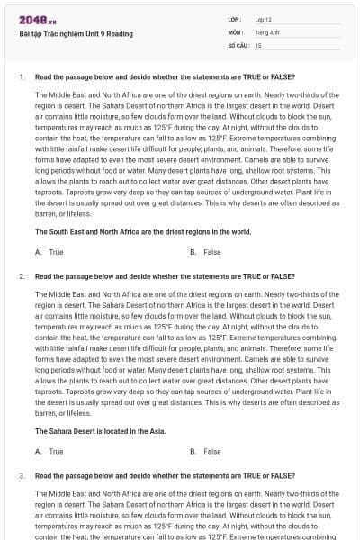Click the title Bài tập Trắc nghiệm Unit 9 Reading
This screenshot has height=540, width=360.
pyautogui.click(x=76, y=34)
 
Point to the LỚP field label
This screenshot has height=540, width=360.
pyautogui.click(x=235, y=18)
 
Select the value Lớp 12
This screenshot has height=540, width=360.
pyautogui.click(x=264, y=18)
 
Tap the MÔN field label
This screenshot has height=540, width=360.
pyautogui.click(x=236, y=31)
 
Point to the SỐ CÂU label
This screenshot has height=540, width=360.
pyautogui.click(x=238, y=44)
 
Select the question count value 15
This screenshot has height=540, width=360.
pyautogui.click(x=258, y=44)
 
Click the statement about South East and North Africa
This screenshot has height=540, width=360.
pyautogui.click(x=143, y=231)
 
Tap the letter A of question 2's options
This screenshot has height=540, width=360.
pyautogui.click(x=38, y=451)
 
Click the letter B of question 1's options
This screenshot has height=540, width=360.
pyautogui.click(x=193, y=252)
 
